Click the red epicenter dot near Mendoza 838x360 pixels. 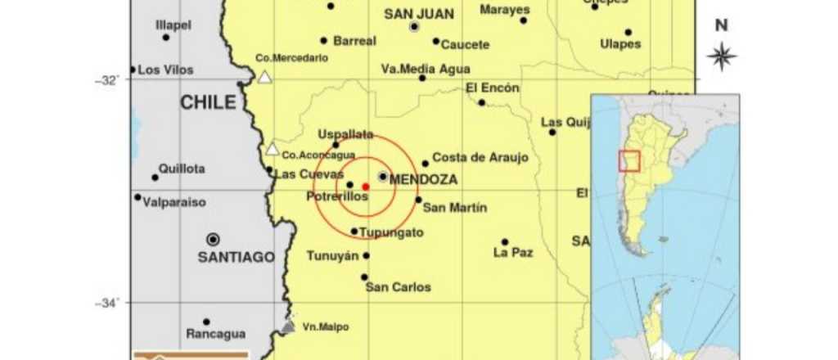coord(365,187)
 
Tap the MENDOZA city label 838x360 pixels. coord(423,179)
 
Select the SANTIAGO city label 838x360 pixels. coord(236,257)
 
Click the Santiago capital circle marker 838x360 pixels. coord(213,239)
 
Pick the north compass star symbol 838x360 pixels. coord(721,56)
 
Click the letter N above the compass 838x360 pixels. coord(721,25)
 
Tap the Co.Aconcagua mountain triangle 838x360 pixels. coord(273,149)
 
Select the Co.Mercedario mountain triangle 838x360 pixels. coord(264,77)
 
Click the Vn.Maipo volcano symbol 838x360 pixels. coord(287,327)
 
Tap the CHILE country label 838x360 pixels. coord(208,102)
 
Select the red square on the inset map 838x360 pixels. coord(629,160)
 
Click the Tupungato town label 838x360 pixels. coord(393,232)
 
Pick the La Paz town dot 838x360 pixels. coord(505,241)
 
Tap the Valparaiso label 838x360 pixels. coord(174,202)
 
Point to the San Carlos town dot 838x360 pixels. coord(364,277)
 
